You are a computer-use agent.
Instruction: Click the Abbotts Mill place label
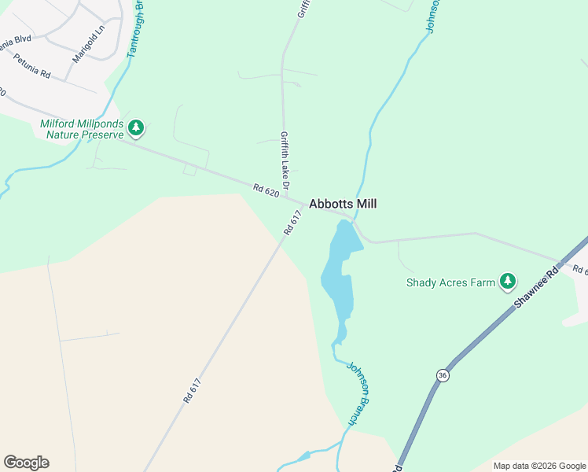click(343, 204)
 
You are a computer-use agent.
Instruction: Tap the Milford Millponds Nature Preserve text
click(82, 129)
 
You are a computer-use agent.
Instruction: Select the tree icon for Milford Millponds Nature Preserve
click(137, 127)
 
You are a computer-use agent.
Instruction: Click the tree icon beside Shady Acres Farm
click(508, 281)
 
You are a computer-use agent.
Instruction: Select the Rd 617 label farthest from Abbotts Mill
click(193, 391)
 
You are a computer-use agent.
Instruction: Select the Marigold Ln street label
click(88, 47)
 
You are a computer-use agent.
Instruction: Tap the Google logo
click(26, 463)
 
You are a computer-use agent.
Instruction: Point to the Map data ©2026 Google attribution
click(539, 466)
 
